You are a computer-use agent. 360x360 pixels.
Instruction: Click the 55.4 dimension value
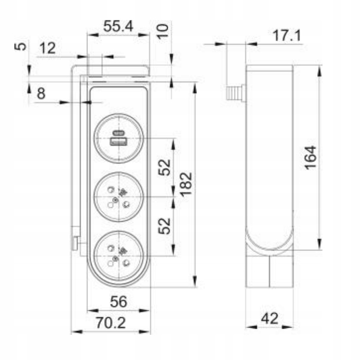pos(118,27)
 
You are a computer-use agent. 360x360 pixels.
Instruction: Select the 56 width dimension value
pos(118,302)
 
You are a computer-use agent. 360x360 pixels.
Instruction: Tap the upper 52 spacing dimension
pos(164,167)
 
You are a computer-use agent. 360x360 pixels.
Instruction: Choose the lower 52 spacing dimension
pos(164,225)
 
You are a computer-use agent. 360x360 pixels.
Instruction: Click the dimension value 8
pos(41,94)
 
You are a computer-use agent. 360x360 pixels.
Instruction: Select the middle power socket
pos(119,197)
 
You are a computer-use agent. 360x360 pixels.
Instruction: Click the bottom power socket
pos(119,255)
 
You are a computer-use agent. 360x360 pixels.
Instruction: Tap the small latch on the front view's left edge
pos(75,242)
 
